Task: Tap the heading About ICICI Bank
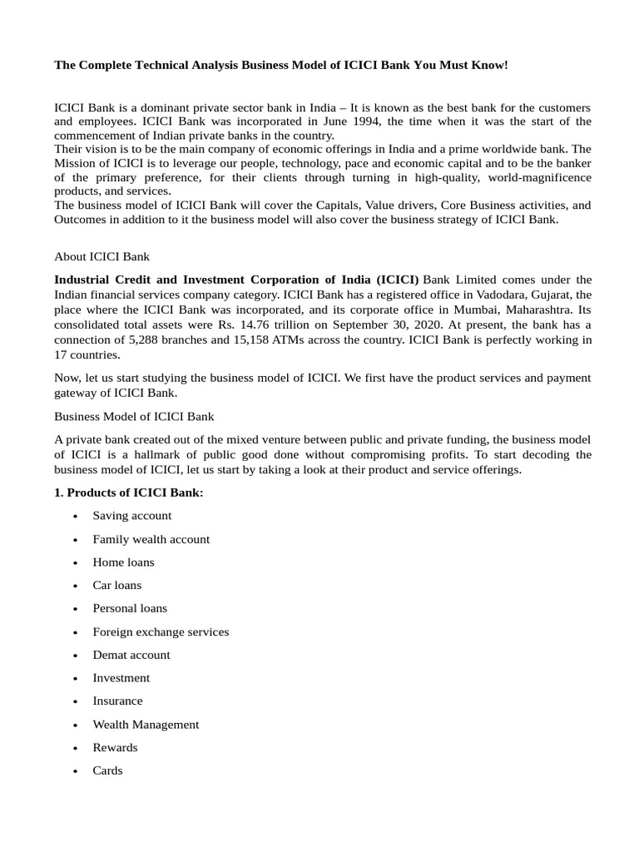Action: point(102,256)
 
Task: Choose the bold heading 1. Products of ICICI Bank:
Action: point(128,493)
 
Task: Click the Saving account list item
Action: point(132,516)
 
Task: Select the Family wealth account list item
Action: point(151,539)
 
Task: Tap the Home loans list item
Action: point(123,562)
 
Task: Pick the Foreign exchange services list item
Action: point(161,632)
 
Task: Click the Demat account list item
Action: point(131,655)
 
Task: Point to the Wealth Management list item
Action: point(146,724)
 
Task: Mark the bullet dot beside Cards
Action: point(76,771)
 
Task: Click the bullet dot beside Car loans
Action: point(76,586)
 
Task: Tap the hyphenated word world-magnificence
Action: point(528,178)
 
